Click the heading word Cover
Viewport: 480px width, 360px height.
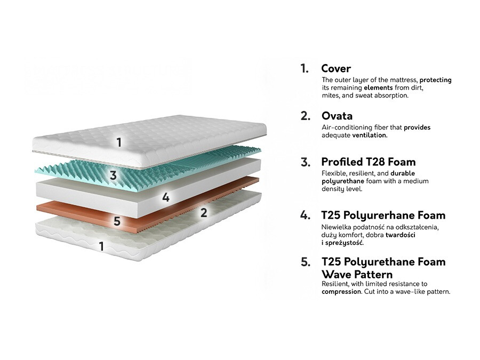(335, 68)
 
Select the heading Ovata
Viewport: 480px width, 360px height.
(337, 116)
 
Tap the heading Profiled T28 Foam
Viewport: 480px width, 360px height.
(368, 162)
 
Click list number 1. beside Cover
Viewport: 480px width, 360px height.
(305, 68)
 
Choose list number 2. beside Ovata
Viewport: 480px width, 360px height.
(305, 116)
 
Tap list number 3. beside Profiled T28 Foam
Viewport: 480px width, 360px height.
(305, 162)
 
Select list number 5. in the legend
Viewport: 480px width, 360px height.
(305, 262)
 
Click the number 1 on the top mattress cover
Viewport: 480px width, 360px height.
(119, 142)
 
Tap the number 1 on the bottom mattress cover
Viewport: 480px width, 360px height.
(101, 246)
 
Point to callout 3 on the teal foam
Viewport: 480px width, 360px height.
(113, 175)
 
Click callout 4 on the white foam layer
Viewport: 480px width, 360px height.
(166, 197)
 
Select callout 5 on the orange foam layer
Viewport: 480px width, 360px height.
(117, 220)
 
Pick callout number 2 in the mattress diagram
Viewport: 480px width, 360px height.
(203, 212)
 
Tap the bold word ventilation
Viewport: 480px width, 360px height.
(369, 135)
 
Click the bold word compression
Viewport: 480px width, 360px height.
(341, 292)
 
